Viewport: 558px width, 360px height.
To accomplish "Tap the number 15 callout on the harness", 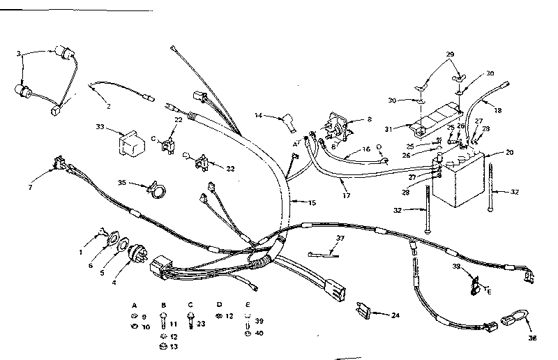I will click(x=312, y=203).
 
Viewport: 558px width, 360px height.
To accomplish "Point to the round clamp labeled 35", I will click(x=156, y=189).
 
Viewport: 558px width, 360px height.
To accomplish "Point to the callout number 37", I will click(x=340, y=239).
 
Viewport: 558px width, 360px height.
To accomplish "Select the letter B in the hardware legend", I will click(x=163, y=305).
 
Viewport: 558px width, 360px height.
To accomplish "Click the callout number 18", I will click(x=497, y=110).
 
